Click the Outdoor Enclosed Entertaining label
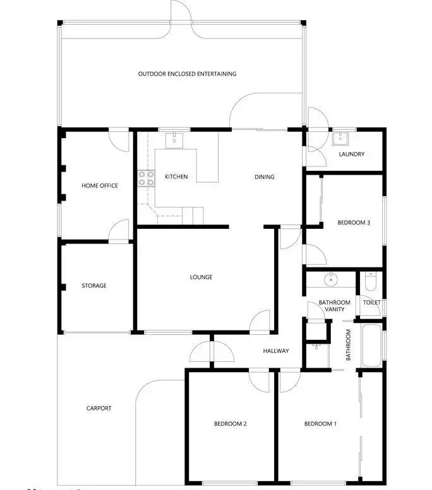point(187,74)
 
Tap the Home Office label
point(99,185)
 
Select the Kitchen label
point(176,177)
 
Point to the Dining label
point(265,177)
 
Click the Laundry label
point(351,155)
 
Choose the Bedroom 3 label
point(354,222)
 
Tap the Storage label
point(94,286)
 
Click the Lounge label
point(201,277)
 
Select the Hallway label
point(276,351)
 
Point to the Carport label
point(99,408)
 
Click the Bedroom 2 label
point(230,424)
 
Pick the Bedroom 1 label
point(320,424)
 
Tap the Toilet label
point(371,303)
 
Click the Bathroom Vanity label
point(334,306)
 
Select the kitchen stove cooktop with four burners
point(147,178)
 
